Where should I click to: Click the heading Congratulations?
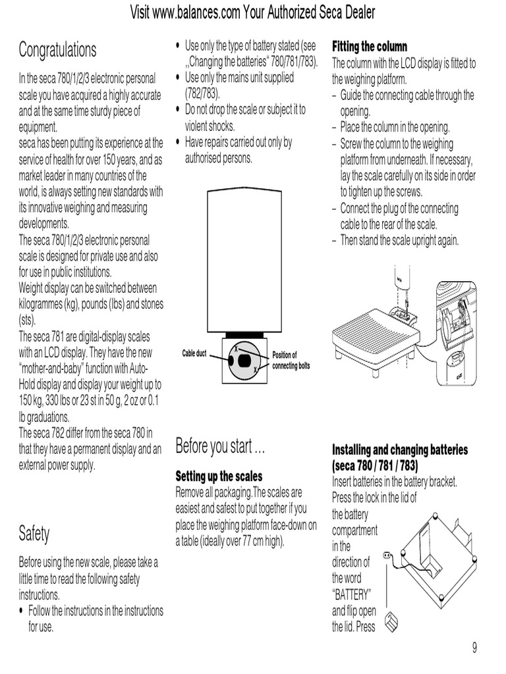57,50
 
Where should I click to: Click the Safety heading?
34,533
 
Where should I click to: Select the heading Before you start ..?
220,447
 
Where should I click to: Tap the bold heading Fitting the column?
370,47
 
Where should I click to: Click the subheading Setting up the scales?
219,476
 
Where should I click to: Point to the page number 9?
474,647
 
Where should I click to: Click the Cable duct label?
194,353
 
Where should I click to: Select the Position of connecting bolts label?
291,360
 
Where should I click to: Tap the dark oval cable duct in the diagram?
244,360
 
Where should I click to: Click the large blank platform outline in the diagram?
244,260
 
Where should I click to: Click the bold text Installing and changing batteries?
400,450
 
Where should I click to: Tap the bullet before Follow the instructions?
21,611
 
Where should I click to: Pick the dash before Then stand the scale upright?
335,240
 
